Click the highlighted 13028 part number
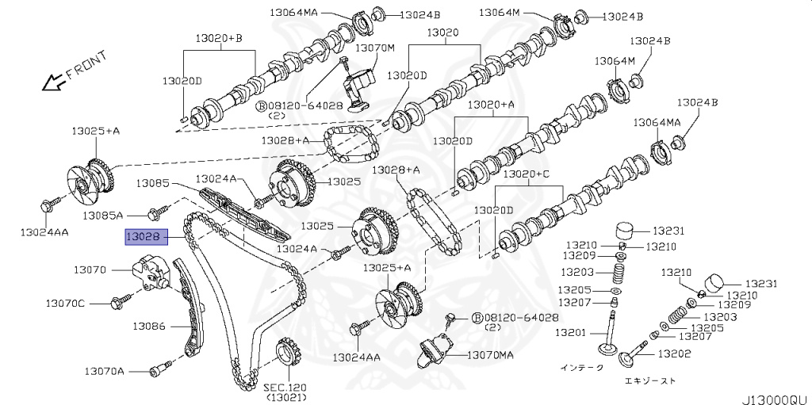click(144, 236)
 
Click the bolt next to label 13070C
click(122, 301)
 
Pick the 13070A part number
click(106, 370)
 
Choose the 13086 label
click(149, 325)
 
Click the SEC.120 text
click(285, 387)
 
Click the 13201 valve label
click(571, 332)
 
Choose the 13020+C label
click(530, 174)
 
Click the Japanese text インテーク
click(581, 368)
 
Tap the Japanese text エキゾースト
click(650, 381)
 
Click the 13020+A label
click(491, 104)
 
